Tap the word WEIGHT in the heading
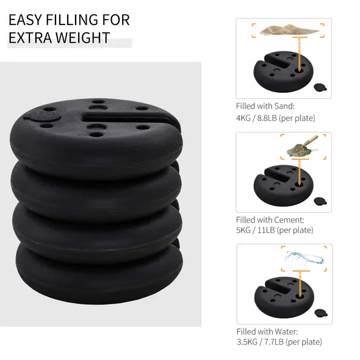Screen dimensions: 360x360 [81, 38]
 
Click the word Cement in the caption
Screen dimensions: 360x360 [286, 219]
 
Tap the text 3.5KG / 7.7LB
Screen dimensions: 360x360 [261, 342]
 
